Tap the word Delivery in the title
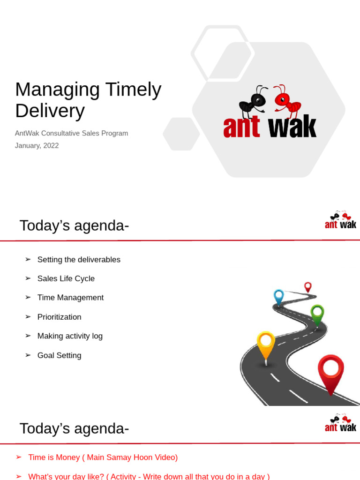50,111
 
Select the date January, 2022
37,145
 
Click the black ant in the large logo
254,101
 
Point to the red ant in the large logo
286,99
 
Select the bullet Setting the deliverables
79,260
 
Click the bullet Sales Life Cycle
66,278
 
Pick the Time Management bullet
70,298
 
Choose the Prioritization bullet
60,317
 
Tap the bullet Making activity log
70,336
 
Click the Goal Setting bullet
60,355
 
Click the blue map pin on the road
279,296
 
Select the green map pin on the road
317,313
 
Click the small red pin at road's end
308,286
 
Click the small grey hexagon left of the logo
181,134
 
